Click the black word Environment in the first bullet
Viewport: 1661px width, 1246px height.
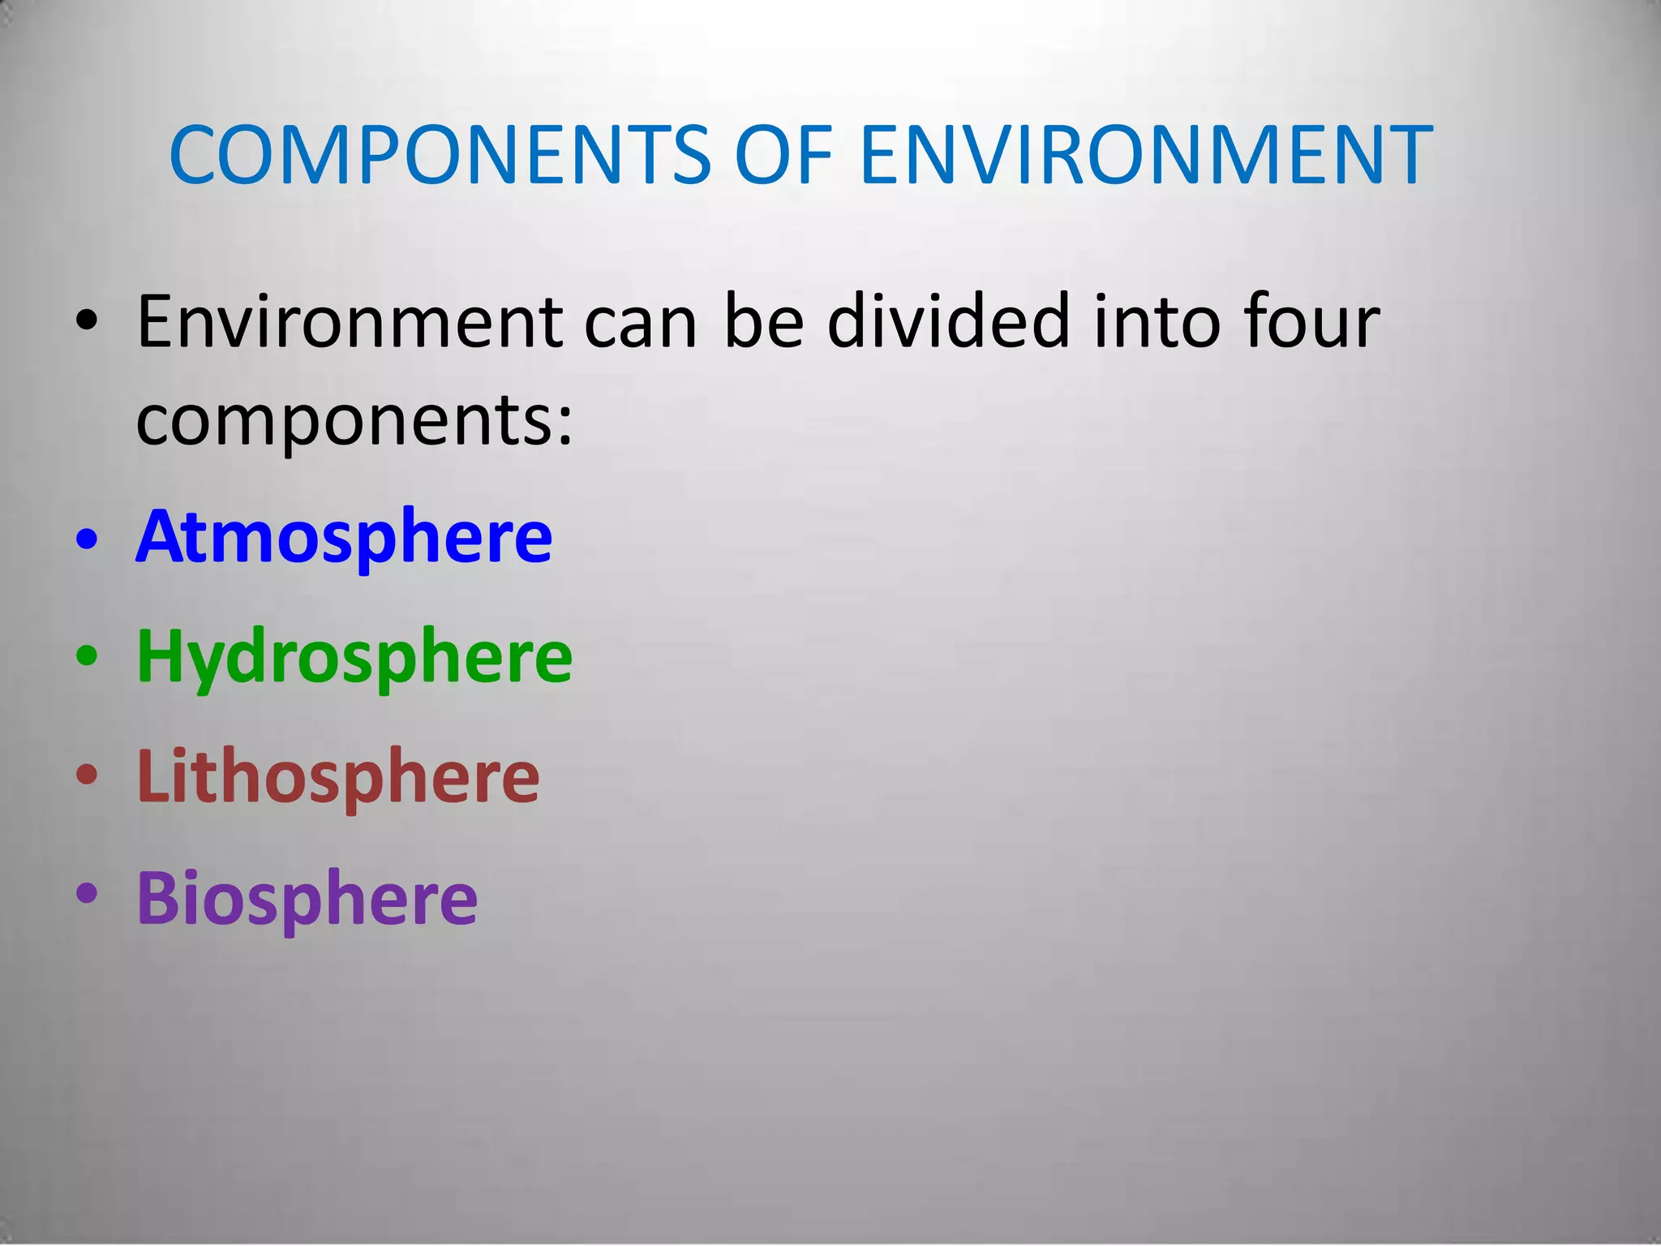[350, 323]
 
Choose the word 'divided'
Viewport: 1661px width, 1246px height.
[949, 323]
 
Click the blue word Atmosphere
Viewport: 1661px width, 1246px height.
[345, 536]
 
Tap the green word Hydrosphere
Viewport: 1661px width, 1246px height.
[354, 656]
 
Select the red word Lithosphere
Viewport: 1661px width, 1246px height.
[338, 776]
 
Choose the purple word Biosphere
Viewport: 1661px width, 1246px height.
[307, 898]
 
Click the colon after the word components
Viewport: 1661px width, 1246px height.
[565, 425]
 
